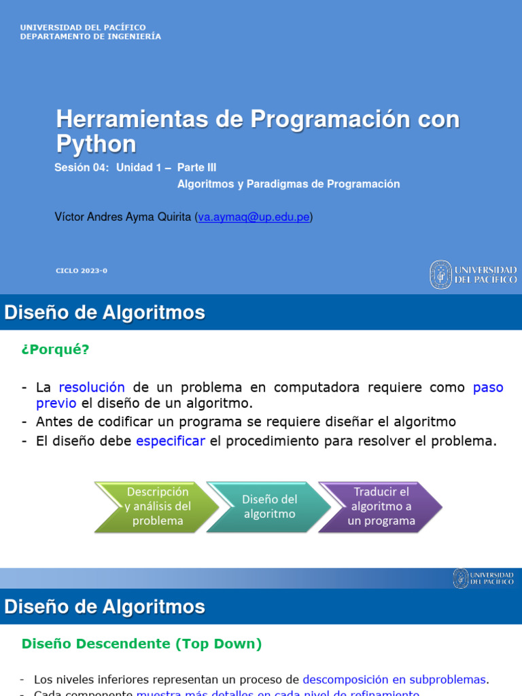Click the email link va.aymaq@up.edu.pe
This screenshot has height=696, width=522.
pos(254,217)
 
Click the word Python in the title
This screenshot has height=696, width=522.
pos(96,144)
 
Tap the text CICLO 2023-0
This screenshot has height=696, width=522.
pos(82,271)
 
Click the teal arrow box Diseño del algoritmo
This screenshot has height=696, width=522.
pos(268,506)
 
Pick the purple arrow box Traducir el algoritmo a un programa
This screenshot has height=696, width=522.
pos(381,506)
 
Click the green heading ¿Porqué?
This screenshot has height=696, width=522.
pos(55,349)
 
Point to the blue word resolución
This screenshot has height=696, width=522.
pos(92,387)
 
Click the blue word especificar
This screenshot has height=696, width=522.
pos(171,440)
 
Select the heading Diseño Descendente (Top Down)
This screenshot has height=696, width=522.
pos(141,644)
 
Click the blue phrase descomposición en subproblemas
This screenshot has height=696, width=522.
pos(394,680)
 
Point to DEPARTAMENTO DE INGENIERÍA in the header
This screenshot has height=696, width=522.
pos(90,37)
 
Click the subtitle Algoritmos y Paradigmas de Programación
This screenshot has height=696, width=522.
pos(288,184)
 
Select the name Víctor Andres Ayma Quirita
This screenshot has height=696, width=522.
pos(123,217)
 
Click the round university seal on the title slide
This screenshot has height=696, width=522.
pos(440,275)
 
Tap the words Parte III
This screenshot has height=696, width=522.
pos(196,167)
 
